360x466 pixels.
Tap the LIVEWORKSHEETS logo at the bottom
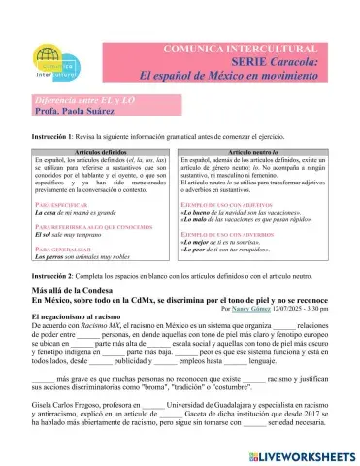[x=294, y=454]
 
